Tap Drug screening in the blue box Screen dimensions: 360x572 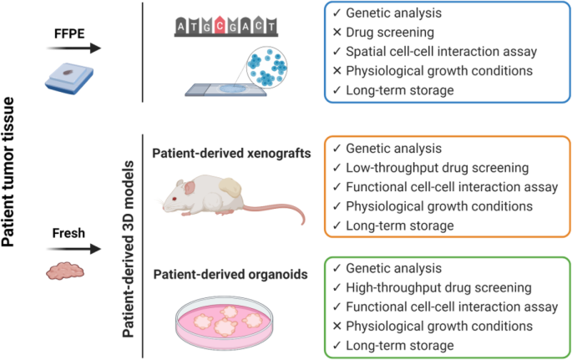click(393, 33)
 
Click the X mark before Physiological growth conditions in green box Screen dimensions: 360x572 click(336, 327)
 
